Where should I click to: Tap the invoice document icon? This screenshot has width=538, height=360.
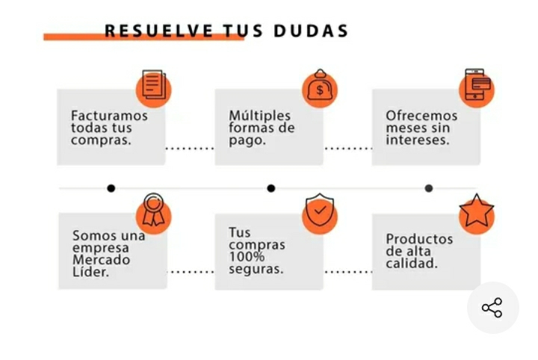click(153, 87)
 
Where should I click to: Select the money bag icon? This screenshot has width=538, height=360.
click(320, 88)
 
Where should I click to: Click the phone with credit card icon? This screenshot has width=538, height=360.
click(477, 87)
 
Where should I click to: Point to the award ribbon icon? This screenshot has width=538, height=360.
click(153, 211)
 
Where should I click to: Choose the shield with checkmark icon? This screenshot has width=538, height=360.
click(320, 211)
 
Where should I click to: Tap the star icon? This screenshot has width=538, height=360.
click(477, 212)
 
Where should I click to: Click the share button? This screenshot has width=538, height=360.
click(492, 308)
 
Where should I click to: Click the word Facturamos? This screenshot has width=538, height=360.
click(109, 116)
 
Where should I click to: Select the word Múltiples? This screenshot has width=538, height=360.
click(259, 116)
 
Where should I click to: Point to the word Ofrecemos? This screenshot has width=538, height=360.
click(421, 116)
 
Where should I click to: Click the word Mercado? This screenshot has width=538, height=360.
click(101, 260)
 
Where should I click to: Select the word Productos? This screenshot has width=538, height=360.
click(419, 239)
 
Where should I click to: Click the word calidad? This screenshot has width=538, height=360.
click(412, 263)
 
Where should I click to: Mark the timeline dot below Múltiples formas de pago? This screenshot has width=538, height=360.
click(270, 188)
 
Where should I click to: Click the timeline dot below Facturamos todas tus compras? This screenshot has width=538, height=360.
click(111, 188)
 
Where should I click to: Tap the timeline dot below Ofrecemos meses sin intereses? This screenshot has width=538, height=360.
click(428, 188)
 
